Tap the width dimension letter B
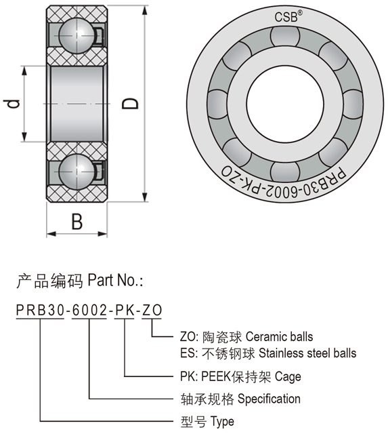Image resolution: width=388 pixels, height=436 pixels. pyautogui.click(x=77, y=222)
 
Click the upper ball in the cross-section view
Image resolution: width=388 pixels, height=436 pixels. pyautogui.click(x=77, y=35)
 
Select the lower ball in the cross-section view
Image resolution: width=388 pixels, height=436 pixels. pyautogui.click(x=77, y=172)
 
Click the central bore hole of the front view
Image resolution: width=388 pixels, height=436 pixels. pyautogui.click(x=285, y=103)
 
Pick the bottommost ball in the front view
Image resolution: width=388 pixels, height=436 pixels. pyautogui.click(x=285, y=171)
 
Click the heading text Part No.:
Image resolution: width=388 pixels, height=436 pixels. pyautogui.click(x=115, y=280)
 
